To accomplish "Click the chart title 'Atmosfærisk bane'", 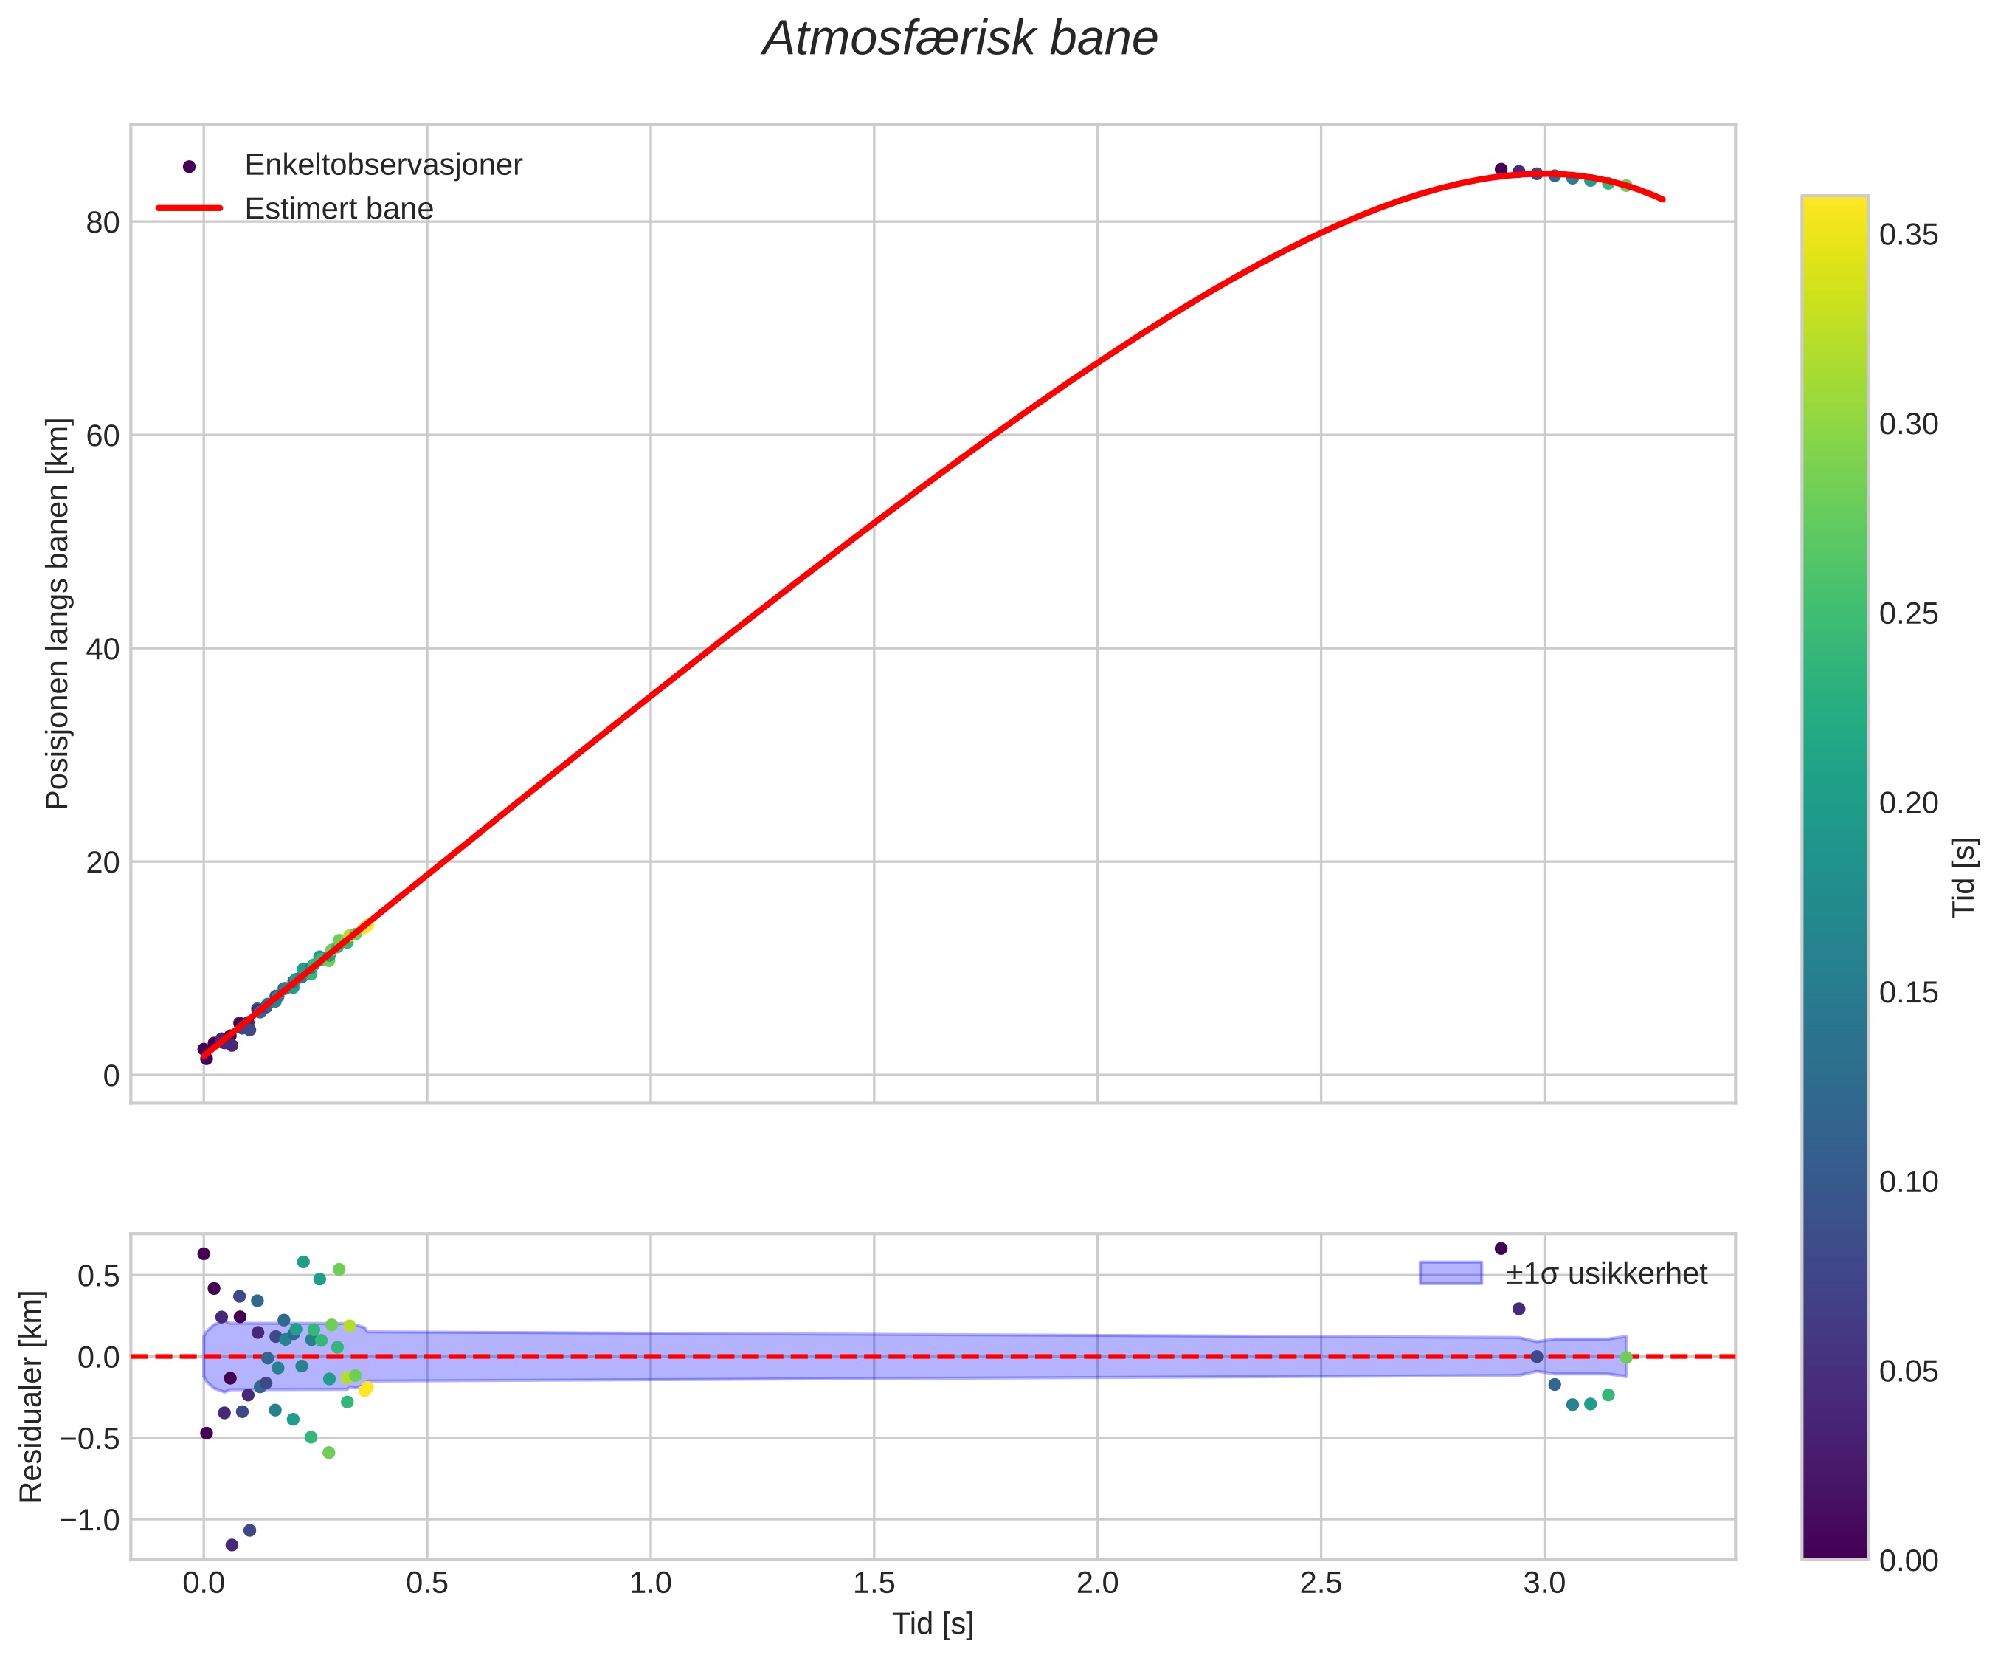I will pyautogui.click(x=960, y=40).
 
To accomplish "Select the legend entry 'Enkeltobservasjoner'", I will pyautogui.click(x=384, y=165).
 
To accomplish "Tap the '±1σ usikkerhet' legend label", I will pyautogui.click(x=1606, y=1273).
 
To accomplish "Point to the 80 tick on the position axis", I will pyautogui.click(x=103, y=223).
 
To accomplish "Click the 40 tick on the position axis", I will pyautogui.click(x=103, y=649).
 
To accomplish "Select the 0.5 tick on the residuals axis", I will pyautogui.click(x=98, y=1276).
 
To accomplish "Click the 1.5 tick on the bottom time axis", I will pyautogui.click(x=874, y=1585).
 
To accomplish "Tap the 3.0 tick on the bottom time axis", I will pyautogui.click(x=1544, y=1585).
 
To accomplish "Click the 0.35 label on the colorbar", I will pyautogui.click(x=1909, y=235).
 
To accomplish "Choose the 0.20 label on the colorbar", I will pyautogui.click(x=1909, y=803).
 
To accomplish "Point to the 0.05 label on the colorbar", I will pyautogui.click(x=1909, y=1372).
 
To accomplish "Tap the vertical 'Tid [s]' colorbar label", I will pyautogui.click(x=1965, y=878).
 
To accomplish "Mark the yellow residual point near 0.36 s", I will pyautogui.click(x=365, y=1389).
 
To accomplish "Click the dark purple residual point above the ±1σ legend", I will pyautogui.click(x=1501, y=1248).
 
